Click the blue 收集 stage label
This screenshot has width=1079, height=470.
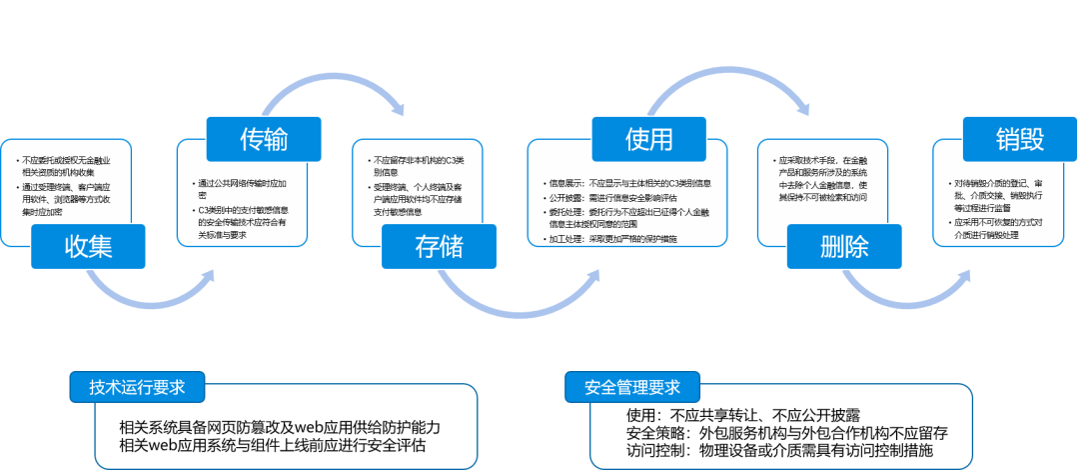tap(89, 246)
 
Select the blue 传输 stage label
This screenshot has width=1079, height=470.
tap(264, 139)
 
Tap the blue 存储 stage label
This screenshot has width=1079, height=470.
tap(439, 246)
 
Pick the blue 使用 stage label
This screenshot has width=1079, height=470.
tap(649, 139)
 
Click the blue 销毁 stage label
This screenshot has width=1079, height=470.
tap(1019, 139)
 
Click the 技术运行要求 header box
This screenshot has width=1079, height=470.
tap(138, 387)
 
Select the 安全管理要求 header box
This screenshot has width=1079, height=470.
tap(632, 387)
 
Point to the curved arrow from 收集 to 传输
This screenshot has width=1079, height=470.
tap(150, 298)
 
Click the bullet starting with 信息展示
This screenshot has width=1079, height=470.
tap(629, 183)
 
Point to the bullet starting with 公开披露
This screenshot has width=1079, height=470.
tap(613, 197)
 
